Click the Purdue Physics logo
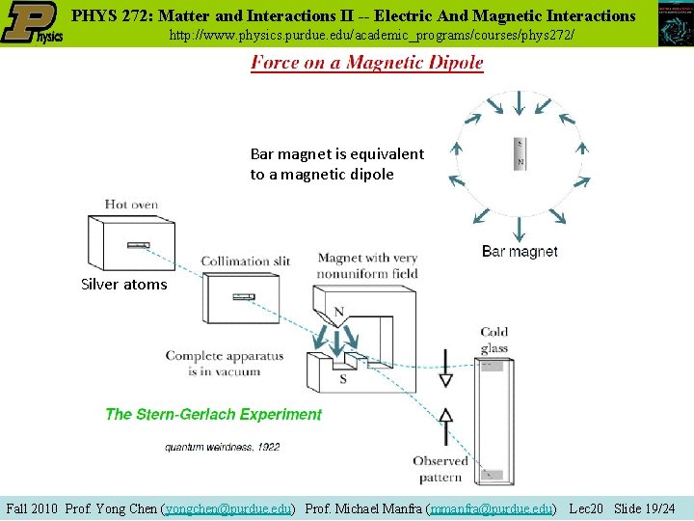(x=32, y=23)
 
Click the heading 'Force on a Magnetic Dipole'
(x=366, y=63)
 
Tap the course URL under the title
(x=371, y=35)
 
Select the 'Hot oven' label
(x=133, y=205)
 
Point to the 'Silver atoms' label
(x=123, y=285)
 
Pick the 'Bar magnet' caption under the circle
(x=520, y=252)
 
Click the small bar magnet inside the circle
(x=520, y=152)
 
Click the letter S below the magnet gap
(x=343, y=379)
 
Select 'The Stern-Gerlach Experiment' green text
(x=213, y=415)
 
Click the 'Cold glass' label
(x=494, y=341)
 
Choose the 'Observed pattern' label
(x=441, y=469)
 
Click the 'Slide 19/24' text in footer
(x=644, y=507)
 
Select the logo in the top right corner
(x=675, y=23)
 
